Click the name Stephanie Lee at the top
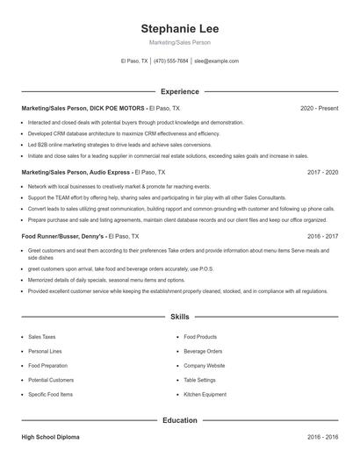[179, 28]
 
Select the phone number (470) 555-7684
[170, 61]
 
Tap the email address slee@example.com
[216, 61]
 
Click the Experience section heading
[179, 91]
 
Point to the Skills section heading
[179, 316]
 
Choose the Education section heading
[179, 420]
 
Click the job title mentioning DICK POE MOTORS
[78, 108]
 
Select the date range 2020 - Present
[319, 108]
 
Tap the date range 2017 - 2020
[322, 172]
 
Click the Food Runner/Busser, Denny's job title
[63, 236]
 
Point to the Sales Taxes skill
[41, 336]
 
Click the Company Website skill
[204, 365]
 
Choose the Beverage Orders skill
[203, 351]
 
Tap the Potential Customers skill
[51, 380]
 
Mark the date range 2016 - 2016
[322, 436]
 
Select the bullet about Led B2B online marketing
[119, 145]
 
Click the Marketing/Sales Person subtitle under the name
[179, 42]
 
